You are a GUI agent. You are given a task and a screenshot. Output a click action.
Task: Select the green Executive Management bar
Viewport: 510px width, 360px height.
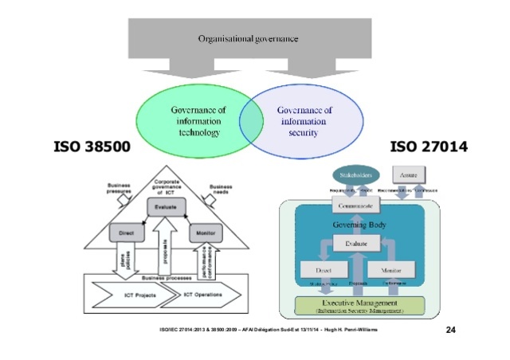point(361,305)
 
